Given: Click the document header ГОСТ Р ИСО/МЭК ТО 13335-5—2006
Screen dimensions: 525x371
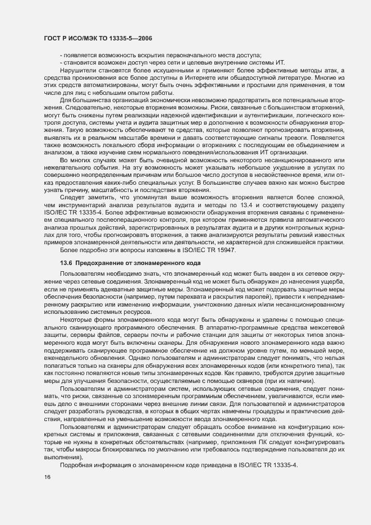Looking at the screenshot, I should pyautogui.click(x=97, y=38).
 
